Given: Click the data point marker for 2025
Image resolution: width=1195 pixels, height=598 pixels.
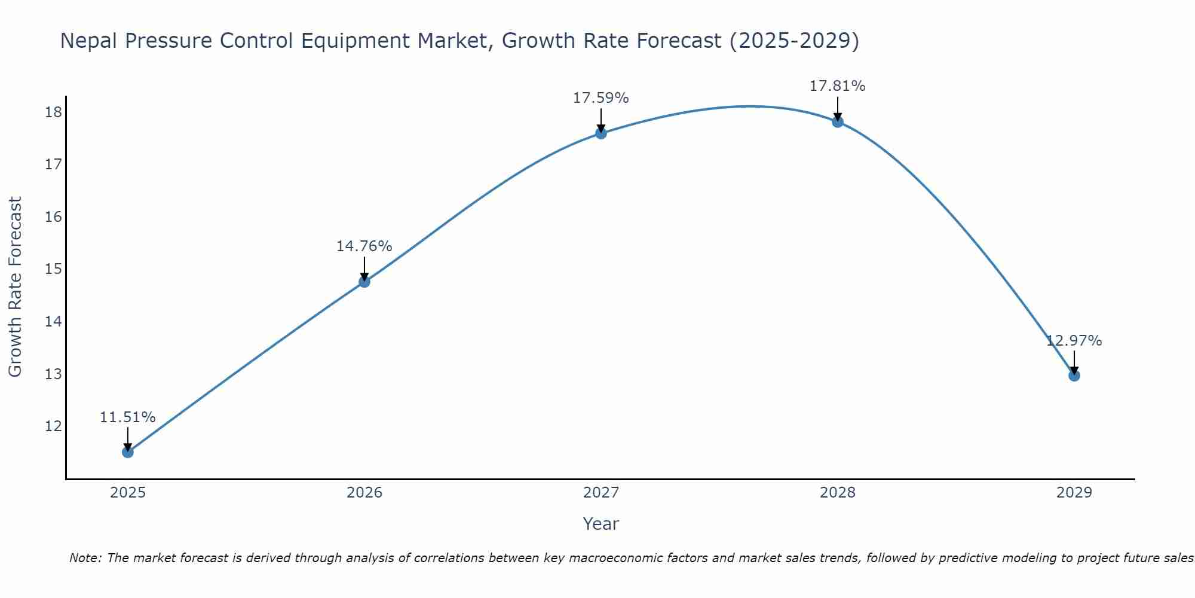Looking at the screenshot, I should coord(128,452).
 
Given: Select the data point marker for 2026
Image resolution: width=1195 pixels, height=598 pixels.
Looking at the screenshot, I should coord(364,282).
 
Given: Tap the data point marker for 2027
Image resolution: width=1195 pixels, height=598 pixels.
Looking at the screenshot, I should coord(601,133).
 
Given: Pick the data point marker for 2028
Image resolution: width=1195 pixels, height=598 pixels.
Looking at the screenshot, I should coord(838,122).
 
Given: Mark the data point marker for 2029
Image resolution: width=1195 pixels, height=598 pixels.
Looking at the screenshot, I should coord(1074,376).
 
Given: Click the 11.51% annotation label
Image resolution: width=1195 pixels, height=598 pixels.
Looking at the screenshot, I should coord(127,417).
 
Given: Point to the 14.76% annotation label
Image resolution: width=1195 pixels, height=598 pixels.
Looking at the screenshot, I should coord(364,246).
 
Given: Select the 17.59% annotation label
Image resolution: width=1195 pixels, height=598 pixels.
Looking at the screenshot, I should coord(600,98).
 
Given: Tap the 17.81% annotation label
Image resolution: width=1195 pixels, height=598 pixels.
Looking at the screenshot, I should coord(837,86).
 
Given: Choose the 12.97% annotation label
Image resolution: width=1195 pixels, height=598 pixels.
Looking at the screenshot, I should coord(1074,341).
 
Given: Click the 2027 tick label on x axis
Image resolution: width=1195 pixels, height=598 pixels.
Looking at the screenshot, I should coord(601,493).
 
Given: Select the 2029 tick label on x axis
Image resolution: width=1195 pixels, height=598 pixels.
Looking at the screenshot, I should coord(1074,493).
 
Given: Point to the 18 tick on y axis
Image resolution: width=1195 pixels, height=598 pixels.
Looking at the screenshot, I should coord(53,112).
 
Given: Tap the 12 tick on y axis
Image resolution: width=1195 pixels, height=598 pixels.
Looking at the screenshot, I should coord(53,426).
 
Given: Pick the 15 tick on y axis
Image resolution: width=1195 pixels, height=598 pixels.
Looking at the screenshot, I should coord(53,269).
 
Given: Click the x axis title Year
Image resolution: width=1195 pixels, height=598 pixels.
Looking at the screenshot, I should coord(600,524).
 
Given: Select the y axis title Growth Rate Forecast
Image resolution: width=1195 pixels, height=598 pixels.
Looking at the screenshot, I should coord(16,287).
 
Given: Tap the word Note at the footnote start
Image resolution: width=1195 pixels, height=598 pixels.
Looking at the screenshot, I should coord(85,558).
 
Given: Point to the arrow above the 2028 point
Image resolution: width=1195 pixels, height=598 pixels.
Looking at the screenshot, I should coord(838,109).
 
